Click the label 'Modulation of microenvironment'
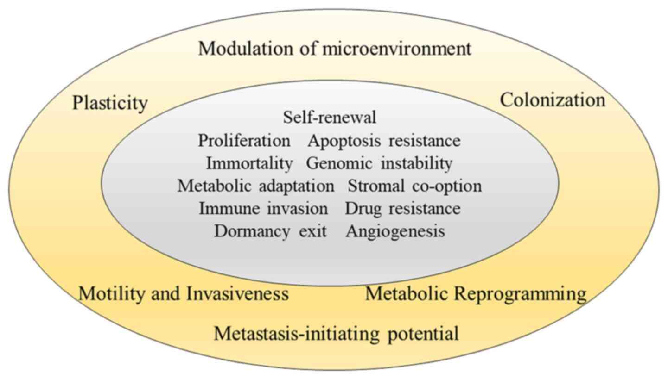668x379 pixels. pos(334,49)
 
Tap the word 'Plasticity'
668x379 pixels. pos(110,103)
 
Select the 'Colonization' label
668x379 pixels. pos(553,100)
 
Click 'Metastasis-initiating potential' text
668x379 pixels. pos(336,333)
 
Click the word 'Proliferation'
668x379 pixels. pos(244,141)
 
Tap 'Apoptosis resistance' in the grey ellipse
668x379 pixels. pos(384,141)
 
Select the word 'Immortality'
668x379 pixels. pos(249,163)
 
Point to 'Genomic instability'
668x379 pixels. pos(379,163)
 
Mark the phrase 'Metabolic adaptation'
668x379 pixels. pos(255,186)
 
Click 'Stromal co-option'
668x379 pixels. pos(414,186)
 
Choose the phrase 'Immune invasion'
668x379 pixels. pos(263,209)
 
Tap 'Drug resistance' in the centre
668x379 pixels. pos(402,209)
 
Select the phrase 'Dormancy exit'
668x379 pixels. pos(270,231)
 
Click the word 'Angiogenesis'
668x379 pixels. pos(395,231)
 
